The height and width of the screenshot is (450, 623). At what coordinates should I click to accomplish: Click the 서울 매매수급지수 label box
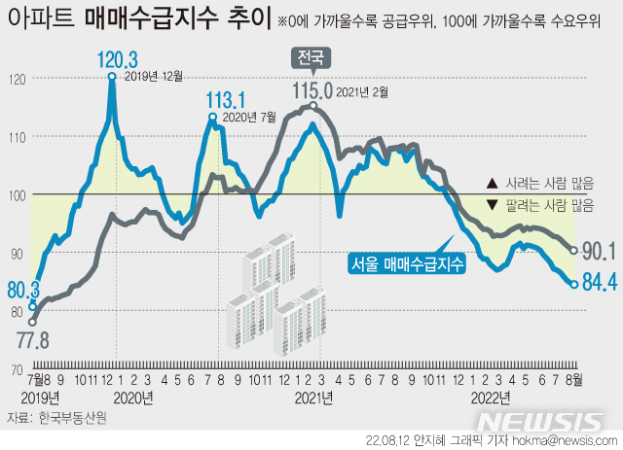407,262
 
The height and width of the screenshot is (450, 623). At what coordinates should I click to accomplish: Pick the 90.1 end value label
598,252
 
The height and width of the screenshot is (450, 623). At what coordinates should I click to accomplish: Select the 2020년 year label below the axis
133,398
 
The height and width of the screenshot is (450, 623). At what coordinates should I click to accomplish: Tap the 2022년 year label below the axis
491,398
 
